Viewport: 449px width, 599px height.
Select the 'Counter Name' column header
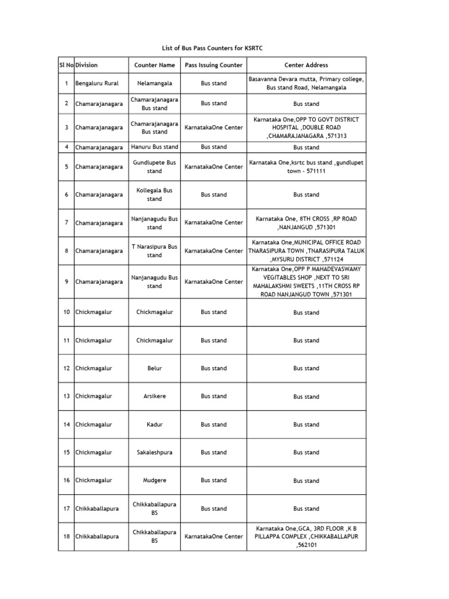click(x=154, y=65)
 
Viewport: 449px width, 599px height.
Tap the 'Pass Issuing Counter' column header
click(x=213, y=65)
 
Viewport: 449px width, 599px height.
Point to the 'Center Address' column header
click(x=306, y=65)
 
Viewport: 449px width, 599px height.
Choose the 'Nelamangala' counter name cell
click(x=154, y=84)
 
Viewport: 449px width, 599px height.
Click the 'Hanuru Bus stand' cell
click(x=154, y=147)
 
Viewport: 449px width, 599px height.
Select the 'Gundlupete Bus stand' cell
click(x=154, y=167)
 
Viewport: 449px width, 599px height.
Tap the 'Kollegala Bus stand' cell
click(x=154, y=195)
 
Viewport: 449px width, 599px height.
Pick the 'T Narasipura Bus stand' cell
click(x=154, y=251)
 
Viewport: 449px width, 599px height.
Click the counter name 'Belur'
click(x=154, y=369)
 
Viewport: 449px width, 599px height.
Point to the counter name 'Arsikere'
click(x=154, y=397)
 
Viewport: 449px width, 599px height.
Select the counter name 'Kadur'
click(x=154, y=425)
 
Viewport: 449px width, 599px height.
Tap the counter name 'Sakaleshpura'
click(x=154, y=453)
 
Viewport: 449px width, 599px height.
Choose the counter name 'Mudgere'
click(x=154, y=481)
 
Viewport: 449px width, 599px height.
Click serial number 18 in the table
click(x=67, y=536)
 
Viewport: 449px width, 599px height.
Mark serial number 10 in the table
click(x=67, y=312)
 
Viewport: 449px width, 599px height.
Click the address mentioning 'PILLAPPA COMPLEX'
click(x=306, y=536)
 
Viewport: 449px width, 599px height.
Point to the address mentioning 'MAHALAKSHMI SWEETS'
click(x=306, y=282)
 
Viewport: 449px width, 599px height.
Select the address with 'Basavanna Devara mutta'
click(x=306, y=83)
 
